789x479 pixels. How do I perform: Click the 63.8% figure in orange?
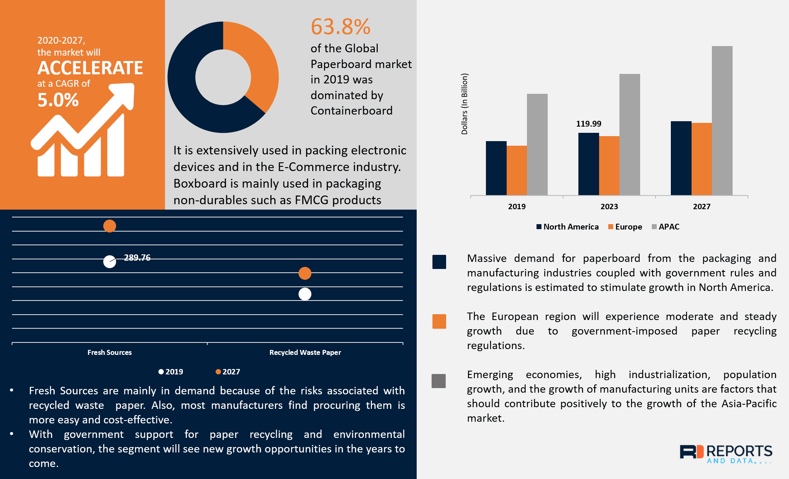point(340,27)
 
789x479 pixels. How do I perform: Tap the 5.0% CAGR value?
point(58,100)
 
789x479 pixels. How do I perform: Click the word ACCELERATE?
point(90,68)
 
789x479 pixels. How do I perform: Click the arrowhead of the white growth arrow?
point(124,94)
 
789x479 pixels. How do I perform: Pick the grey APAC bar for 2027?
point(722,120)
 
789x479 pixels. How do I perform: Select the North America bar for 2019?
point(496,168)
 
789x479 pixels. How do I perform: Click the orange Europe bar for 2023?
point(609,165)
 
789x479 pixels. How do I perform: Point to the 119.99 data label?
point(588,124)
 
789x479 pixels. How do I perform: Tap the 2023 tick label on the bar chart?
point(609,207)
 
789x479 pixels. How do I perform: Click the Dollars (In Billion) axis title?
point(464,104)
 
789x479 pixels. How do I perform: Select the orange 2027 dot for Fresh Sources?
point(109,226)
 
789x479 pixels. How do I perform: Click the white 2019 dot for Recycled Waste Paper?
point(305,294)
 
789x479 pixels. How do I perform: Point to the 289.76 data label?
point(137,258)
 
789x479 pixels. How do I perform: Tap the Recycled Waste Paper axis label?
point(305,352)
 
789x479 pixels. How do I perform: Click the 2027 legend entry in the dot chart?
point(228,372)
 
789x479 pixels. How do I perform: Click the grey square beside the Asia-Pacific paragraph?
point(439,381)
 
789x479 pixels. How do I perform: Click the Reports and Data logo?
point(726,454)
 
